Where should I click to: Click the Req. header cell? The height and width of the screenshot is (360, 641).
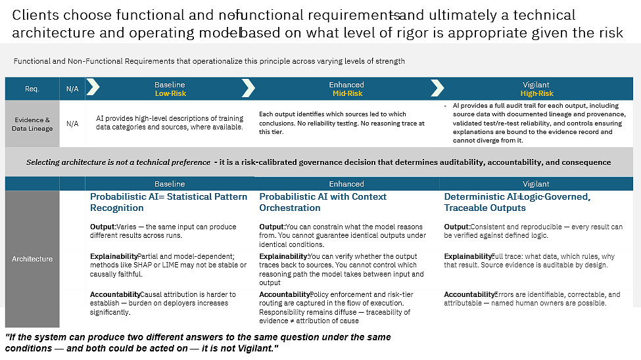pos(32,89)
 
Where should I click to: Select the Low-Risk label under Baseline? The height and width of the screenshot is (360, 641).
pos(170,93)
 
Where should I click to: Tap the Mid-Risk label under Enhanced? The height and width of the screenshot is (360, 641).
pos(346,93)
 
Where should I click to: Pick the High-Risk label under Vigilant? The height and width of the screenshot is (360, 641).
pos(536,93)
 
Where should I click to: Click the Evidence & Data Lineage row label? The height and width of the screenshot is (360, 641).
pos(32,124)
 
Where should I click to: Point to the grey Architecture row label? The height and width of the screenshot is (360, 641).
pos(32,259)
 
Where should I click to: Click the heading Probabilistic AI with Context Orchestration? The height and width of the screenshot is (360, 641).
pos(323,202)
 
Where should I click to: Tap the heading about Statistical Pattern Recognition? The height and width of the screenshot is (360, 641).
pos(168,202)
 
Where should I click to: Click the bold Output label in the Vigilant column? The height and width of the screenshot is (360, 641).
pos(456,227)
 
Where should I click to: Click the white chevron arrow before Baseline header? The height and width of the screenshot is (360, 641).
pos(93,88)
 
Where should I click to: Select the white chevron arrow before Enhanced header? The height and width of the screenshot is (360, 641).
pos(249,88)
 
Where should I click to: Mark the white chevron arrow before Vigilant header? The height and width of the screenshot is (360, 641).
pos(437,88)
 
